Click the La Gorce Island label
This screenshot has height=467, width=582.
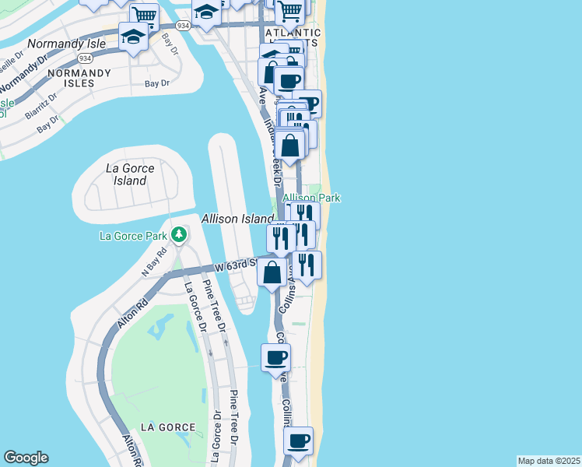(130, 174)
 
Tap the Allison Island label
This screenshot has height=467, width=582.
(237, 219)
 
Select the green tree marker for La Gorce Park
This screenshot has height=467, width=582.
(179, 233)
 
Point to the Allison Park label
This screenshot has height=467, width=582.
(311, 198)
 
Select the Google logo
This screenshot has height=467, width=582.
(26, 458)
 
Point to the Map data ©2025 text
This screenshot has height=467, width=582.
(549, 461)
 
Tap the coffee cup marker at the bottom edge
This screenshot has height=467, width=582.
(298, 441)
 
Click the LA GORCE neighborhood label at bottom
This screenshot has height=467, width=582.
(163, 427)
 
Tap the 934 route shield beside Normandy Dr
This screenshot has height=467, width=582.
(85, 59)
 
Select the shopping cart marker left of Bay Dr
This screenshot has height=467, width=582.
(143, 16)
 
